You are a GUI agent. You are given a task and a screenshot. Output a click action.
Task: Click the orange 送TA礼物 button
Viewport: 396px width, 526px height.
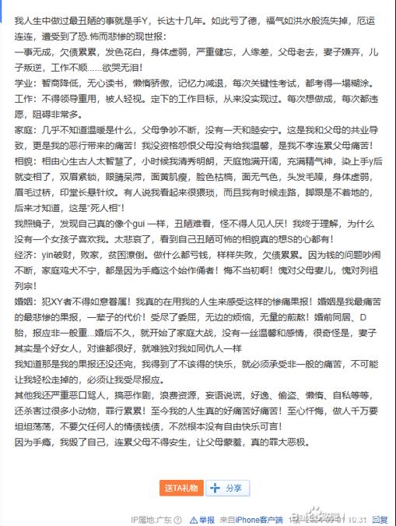181,488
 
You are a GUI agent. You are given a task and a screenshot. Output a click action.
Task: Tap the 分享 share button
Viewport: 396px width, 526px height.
227,488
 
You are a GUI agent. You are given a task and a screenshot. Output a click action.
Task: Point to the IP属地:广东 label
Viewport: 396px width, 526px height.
154,519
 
